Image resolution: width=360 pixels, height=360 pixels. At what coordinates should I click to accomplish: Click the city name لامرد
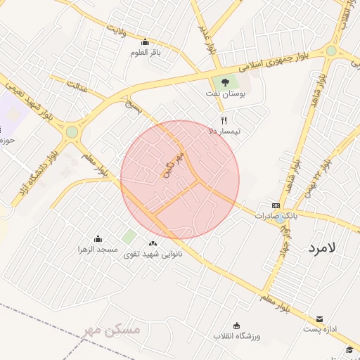(x=323, y=247)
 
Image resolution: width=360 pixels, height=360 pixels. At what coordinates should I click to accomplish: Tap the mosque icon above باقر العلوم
(x=145, y=41)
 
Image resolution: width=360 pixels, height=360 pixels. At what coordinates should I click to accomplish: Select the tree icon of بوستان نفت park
(x=225, y=83)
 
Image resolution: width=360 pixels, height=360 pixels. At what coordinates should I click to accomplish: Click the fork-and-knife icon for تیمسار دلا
(x=224, y=120)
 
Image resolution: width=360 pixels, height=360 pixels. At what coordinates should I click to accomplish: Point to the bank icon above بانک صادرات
(x=276, y=205)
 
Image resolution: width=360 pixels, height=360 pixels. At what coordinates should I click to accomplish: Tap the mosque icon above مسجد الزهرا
(x=98, y=239)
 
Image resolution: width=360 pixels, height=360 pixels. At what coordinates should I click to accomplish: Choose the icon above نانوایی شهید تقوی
(x=153, y=243)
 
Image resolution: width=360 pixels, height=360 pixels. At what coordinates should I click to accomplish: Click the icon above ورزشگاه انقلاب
(x=236, y=326)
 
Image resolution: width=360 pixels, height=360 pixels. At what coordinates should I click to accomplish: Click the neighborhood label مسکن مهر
(x=112, y=329)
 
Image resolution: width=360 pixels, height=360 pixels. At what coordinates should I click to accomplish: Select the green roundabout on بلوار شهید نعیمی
(x=72, y=131)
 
